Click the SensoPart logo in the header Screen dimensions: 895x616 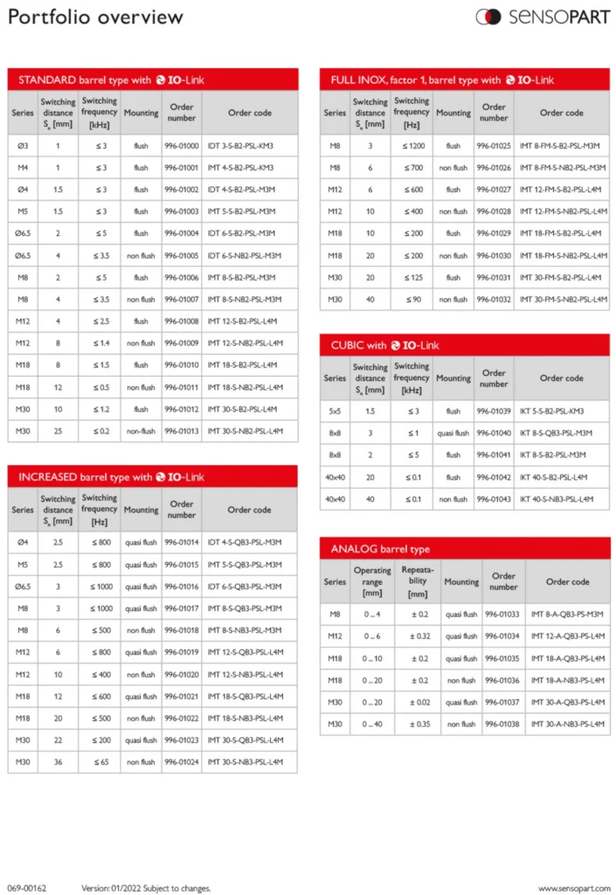coord(542,17)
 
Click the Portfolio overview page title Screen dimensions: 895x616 coord(96,17)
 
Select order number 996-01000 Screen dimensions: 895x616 coord(182,145)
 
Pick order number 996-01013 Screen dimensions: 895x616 coord(182,431)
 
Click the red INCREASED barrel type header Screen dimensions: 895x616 coord(153,476)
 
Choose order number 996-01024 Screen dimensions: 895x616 coord(182,762)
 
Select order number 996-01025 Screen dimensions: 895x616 coord(494,145)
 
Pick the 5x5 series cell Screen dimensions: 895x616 coord(335,411)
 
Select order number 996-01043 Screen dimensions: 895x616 coord(494,499)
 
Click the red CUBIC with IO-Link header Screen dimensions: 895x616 coord(464,345)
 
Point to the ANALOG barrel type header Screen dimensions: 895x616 coord(464,549)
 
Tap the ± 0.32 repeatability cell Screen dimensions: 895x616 coord(418,636)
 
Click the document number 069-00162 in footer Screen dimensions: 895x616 coord(28,888)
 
